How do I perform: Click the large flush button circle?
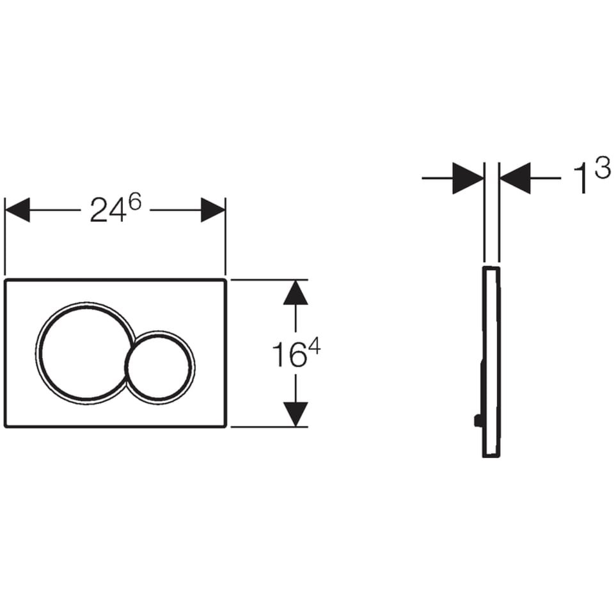click(36, 353)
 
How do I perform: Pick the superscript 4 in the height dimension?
click(314, 347)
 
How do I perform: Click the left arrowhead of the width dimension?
click(18, 210)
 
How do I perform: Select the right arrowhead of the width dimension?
click(212, 210)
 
